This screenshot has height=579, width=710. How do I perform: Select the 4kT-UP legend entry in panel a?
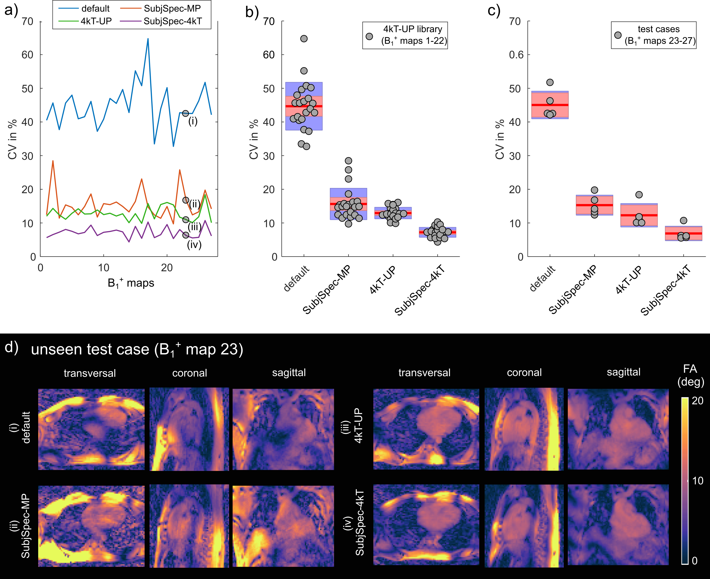pyautogui.click(x=96, y=21)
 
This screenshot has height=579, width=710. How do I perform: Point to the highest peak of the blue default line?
pyautogui.click(x=148, y=39)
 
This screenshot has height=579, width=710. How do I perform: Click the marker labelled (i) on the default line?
pyautogui.click(x=185, y=113)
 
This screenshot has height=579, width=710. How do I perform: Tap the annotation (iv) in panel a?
pyautogui.click(x=194, y=245)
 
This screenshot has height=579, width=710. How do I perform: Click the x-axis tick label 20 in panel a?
pyautogui.click(x=167, y=268)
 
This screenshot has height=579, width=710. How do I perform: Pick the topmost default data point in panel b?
pyautogui.click(x=304, y=39)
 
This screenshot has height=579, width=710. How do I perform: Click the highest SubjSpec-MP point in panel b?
pyautogui.click(x=348, y=161)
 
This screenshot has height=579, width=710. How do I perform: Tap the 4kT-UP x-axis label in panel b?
pyautogui.click(x=383, y=280)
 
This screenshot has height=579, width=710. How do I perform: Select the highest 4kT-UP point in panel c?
pyautogui.click(x=639, y=195)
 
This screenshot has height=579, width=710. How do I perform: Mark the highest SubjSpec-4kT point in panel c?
pyautogui.click(x=684, y=220)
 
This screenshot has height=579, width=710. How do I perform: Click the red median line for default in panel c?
pyautogui.click(x=550, y=105)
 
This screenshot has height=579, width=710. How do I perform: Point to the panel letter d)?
pyautogui.click(x=12, y=347)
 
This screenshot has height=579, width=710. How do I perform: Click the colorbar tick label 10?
pyautogui.click(x=698, y=480)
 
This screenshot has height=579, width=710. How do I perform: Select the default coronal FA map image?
pyautogui.click(x=189, y=429)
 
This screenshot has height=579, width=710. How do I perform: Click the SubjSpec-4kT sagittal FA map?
pyautogui.click(x=618, y=525)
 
